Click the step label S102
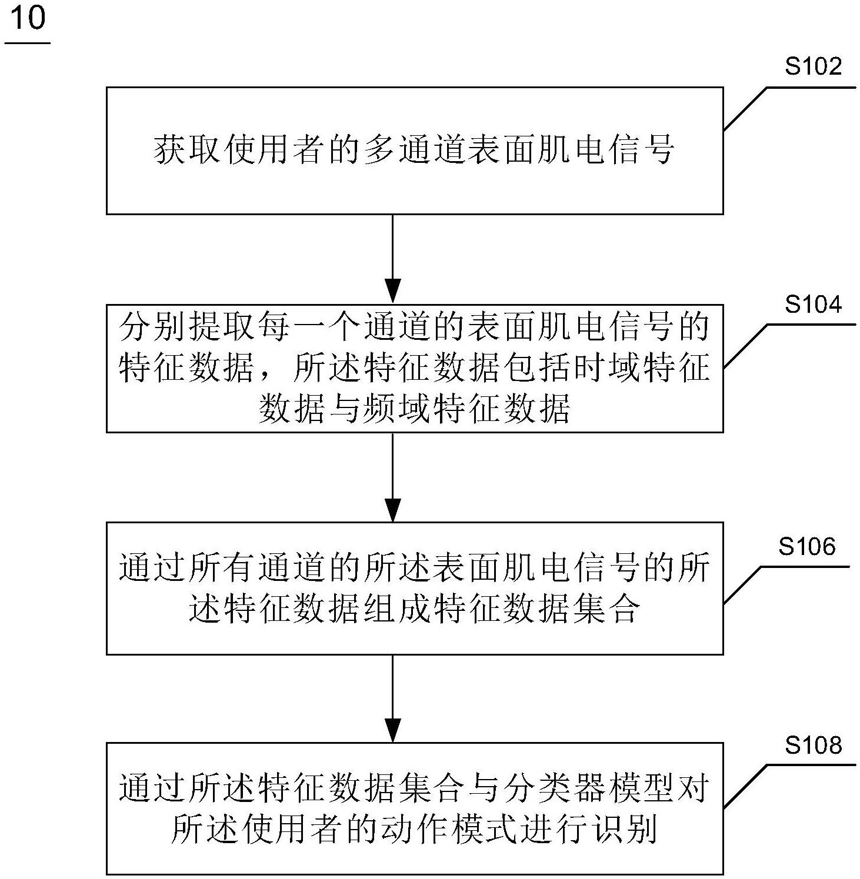point(813,67)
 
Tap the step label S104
point(813,305)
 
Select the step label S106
point(806,547)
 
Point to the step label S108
point(813,746)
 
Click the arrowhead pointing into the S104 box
point(392,292)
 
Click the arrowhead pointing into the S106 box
point(392,510)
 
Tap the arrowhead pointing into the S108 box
point(392,730)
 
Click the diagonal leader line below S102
point(745,109)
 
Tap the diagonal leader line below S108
point(745,786)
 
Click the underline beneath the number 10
point(28,43)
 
